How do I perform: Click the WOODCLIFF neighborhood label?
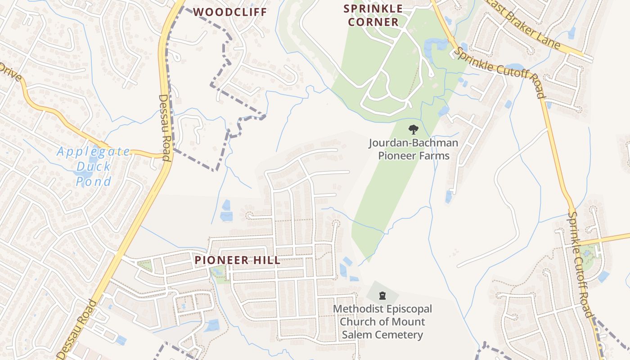(x=230, y=12)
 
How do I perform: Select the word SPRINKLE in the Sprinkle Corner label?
(x=373, y=9)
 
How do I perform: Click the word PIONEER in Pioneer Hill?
(x=221, y=260)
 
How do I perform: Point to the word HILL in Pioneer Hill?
(x=266, y=260)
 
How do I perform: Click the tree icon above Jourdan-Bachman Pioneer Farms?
(x=413, y=130)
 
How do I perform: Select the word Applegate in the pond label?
(x=94, y=152)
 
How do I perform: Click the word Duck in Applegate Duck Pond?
(x=93, y=167)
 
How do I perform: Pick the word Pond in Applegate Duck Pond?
(x=93, y=182)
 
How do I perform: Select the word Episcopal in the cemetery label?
(x=406, y=309)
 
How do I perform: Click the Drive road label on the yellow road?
(x=10, y=72)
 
